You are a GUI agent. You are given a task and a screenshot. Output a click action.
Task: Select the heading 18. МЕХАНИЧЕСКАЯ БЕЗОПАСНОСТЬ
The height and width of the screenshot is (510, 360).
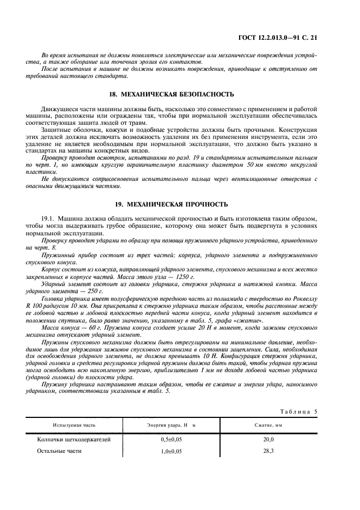(x=180, y=94)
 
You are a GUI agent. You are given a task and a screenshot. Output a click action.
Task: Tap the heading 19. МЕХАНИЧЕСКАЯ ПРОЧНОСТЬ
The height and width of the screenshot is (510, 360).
(x=180, y=204)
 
